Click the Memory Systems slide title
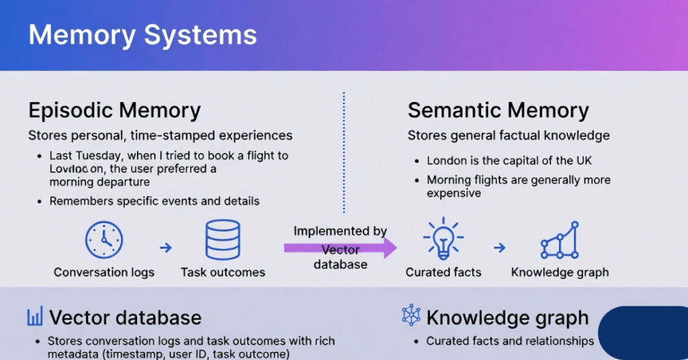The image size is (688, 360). point(142,35)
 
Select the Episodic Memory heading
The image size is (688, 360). point(114,110)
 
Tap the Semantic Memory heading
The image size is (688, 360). point(498,110)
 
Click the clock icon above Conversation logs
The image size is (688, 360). point(104,240)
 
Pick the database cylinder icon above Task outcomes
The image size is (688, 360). point(222,240)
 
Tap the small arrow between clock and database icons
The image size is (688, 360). point(165,248)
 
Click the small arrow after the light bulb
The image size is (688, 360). point(499,248)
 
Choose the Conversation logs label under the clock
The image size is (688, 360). point(104,272)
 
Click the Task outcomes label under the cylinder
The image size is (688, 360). point(222,272)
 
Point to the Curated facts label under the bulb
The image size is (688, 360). point(443,272)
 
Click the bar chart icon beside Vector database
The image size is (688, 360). point(35,317)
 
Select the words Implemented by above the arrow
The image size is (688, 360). point(340,231)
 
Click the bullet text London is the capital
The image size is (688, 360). point(509,161)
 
